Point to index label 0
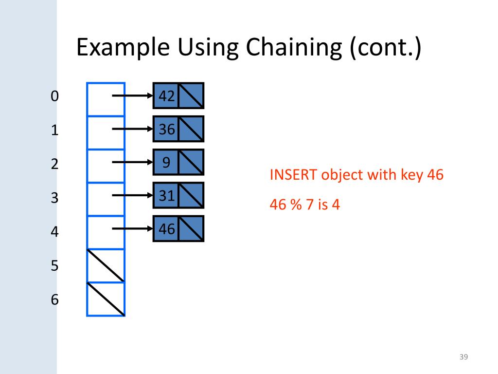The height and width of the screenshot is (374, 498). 54,96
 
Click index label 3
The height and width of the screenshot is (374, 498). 54,198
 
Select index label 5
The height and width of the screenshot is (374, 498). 54,265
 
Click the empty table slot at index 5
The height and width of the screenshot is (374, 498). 106,265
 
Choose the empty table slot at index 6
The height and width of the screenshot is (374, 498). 106,299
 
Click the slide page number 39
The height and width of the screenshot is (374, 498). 463,358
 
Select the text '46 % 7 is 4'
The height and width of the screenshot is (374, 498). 304,205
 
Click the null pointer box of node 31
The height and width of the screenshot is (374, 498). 191,195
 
